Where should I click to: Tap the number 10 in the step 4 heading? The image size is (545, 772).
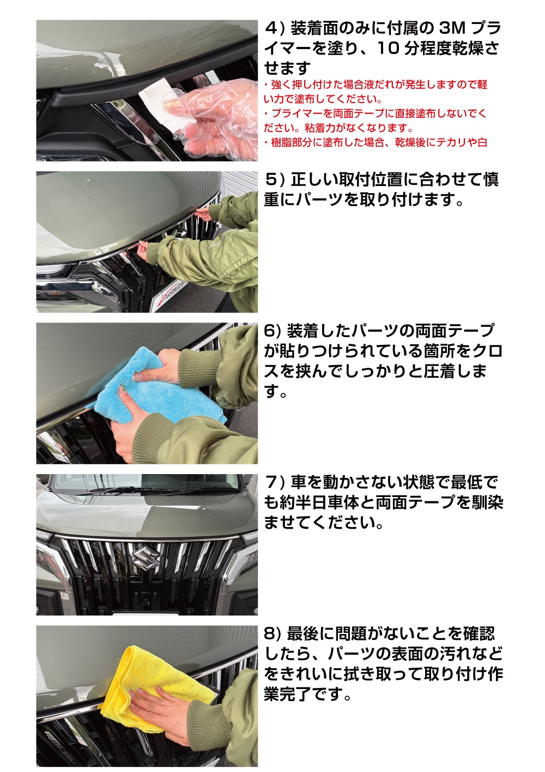point(388,49)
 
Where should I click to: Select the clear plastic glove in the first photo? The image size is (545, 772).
point(213,117)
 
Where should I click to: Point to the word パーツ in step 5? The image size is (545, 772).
point(319,200)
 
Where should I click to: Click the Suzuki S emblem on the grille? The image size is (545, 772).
point(146,559)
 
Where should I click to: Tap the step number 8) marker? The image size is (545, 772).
point(272,634)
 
